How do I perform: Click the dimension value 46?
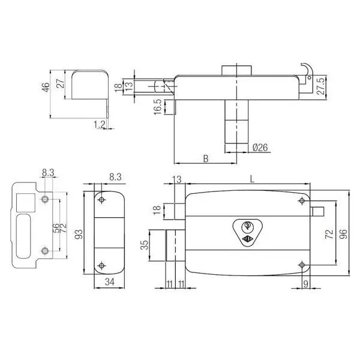(46, 87)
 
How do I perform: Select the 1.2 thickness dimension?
(100, 125)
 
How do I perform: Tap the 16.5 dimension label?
(158, 107)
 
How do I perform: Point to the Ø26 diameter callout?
(260, 148)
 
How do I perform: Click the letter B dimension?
(206, 158)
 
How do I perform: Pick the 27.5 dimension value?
(321, 86)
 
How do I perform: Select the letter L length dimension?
(253, 179)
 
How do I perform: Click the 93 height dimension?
(79, 234)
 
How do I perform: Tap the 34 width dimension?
(110, 282)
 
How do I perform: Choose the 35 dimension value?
(145, 245)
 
